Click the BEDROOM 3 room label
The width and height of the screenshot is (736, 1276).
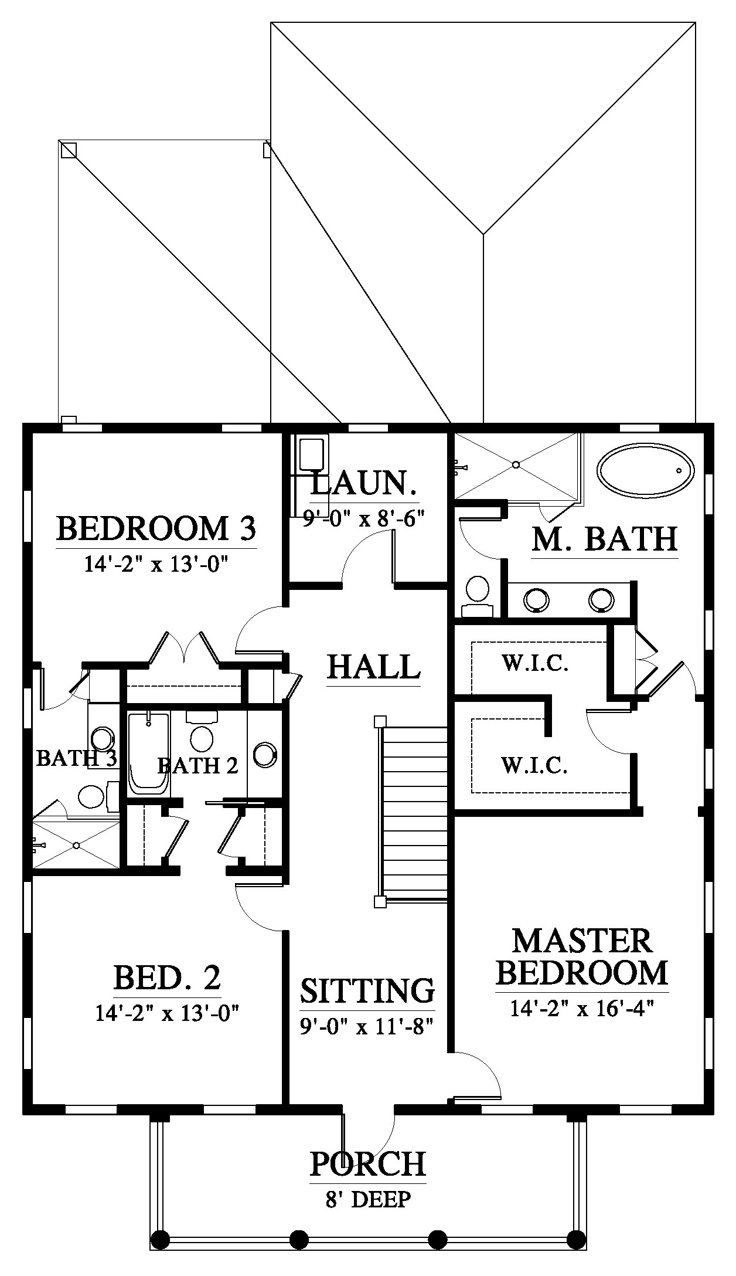tap(156, 528)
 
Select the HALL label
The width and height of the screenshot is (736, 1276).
tap(374, 667)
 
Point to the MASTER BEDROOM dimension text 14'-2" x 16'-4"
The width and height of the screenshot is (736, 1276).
tap(582, 1009)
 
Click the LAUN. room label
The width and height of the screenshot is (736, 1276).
tap(364, 484)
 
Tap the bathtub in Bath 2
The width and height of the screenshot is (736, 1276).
tap(149, 753)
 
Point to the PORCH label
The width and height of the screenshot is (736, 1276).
tap(367, 1164)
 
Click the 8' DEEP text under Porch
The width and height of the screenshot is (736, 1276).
tap(368, 1199)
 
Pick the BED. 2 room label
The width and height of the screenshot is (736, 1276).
tap(167, 978)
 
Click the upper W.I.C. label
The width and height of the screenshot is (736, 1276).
tap(534, 664)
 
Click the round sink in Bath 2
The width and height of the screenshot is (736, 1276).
tap(264, 755)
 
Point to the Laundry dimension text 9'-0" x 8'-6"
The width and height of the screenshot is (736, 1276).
tap(363, 518)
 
